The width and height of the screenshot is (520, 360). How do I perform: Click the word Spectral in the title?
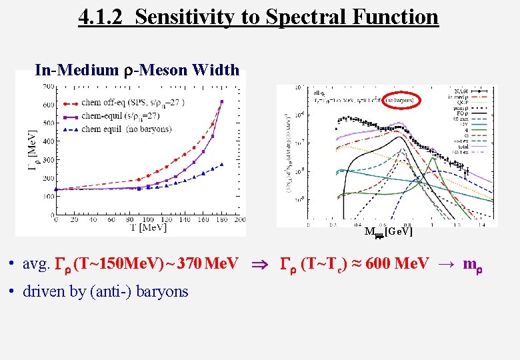click(297, 17)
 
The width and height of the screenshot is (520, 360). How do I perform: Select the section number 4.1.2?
click(103, 17)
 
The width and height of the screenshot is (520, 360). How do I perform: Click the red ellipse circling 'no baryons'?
click(395, 99)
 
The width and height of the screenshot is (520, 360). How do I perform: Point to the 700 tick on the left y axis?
click(48, 87)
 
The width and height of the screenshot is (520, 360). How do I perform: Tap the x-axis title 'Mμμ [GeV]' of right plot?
click(388, 232)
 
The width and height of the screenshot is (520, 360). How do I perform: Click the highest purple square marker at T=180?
click(222, 102)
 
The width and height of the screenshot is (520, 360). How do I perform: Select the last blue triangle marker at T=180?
click(222, 164)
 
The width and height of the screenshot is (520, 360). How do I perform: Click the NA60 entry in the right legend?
click(478, 89)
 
